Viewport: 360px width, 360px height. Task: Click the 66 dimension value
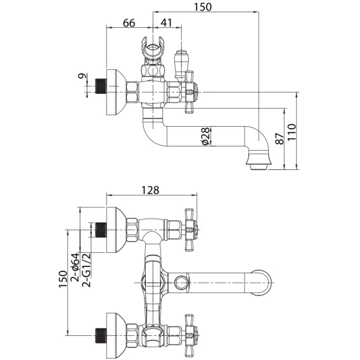(x=129, y=23)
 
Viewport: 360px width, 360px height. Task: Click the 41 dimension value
(x=166, y=23)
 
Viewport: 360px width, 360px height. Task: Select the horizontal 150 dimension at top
(x=203, y=7)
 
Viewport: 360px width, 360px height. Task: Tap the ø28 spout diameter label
(x=206, y=136)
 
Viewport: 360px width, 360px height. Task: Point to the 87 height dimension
(x=280, y=138)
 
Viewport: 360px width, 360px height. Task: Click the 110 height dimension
(x=292, y=132)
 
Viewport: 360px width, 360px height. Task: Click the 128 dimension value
(x=150, y=190)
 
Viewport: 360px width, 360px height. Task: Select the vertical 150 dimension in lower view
(x=63, y=279)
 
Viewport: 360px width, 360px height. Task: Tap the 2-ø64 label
(x=75, y=267)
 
